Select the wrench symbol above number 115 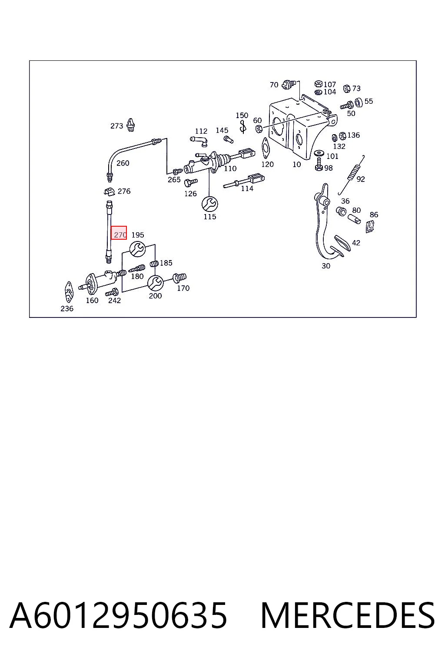[x=209, y=204]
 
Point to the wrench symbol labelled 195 [x=137, y=249]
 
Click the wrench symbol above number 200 [x=156, y=283]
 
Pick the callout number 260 [x=123, y=163]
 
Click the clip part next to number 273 [x=131, y=125]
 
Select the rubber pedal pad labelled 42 [x=343, y=243]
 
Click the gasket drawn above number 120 [x=265, y=148]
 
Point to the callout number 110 [x=230, y=168]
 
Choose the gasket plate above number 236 [x=69, y=292]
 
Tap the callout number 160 [x=92, y=300]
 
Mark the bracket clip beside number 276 [x=110, y=191]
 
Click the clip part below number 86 [x=370, y=226]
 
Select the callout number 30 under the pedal [x=326, y=266]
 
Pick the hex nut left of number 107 [x=319, y=84]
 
